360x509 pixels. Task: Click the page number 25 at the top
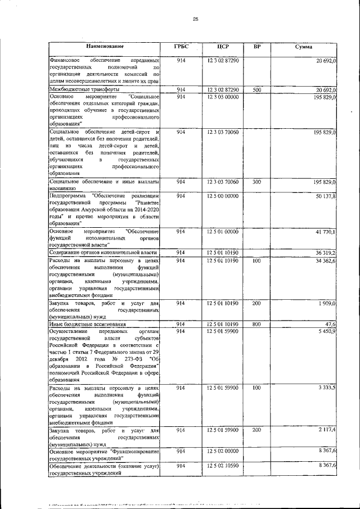[195, 19]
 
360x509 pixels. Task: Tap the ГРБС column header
[181, 46]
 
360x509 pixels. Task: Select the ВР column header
[257, 46]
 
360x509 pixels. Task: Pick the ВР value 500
[256, 89]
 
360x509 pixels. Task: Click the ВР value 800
[256, 325]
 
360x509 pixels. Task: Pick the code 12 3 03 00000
[223, 97]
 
